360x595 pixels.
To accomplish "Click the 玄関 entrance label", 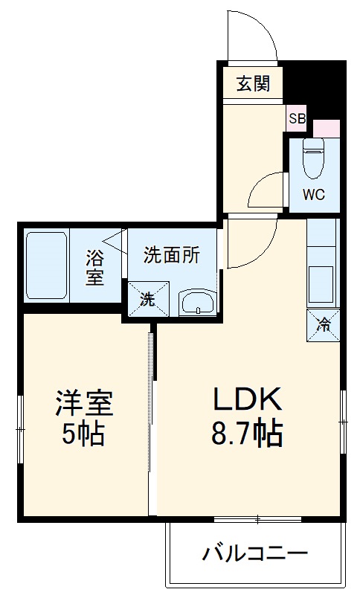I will point(253,84).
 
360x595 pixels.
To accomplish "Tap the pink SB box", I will point(297,118).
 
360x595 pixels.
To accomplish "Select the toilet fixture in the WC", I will point(313,158).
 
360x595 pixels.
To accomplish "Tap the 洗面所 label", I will point(172,255).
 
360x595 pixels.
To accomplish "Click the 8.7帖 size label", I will point(248,433).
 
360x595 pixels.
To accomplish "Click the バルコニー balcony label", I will point(255,554).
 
